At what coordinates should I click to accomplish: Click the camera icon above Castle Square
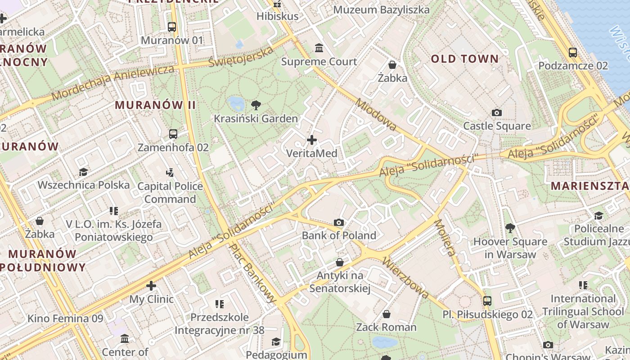[x=497, y=112]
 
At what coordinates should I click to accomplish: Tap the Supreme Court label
[x=319, y=62]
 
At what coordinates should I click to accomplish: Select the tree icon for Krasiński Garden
[x=256, y=105]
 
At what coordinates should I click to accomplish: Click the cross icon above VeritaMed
[x=311, y=140]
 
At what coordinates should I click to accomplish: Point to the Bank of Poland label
[x=339, y=235]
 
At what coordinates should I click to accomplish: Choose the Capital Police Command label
[x=170, y=193]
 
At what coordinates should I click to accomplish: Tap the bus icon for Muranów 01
[x=172, y=27]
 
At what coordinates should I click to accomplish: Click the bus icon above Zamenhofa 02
[x=173, y=134]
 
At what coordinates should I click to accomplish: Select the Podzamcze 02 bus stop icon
[x=573, y=52]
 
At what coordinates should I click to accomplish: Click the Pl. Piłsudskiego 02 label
[x=487, y=314]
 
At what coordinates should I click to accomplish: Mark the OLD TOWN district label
[x=465, y=59]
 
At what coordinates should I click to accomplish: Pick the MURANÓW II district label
[x=155, y=105]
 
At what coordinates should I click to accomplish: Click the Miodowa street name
[x=376, y=115]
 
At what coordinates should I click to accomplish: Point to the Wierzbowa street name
[x=405, y=278]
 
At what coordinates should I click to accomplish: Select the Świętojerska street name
[x=241, y=57]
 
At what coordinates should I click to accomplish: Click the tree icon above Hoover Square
[x=510, y=228]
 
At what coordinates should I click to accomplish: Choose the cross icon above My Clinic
[x=151, y=286]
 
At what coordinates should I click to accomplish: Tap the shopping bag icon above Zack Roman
[x=386, y=314]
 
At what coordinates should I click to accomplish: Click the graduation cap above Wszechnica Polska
[x=83, y=172]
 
